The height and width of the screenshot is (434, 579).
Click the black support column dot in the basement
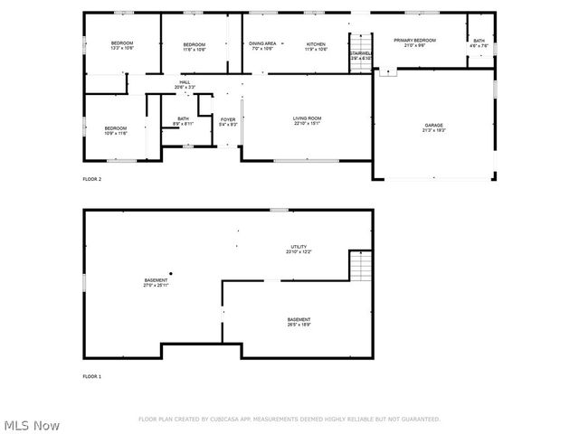[x=170, y=273]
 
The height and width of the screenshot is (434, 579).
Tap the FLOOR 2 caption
[x=92, y=180]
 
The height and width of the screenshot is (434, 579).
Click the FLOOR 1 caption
[x=92, y=376]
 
